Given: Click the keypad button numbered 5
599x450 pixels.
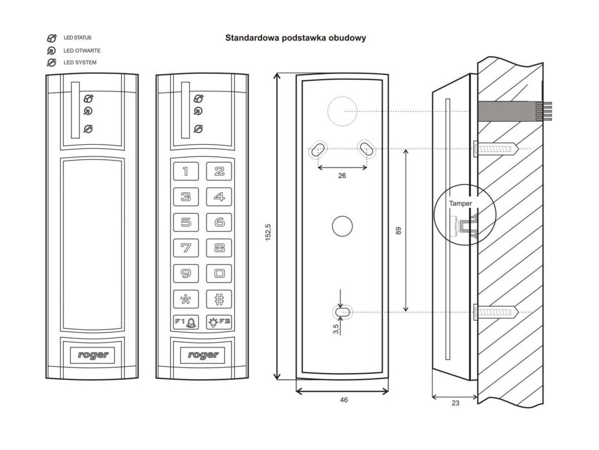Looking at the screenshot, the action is click(186, 222).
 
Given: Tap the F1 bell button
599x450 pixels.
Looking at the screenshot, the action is click(186, 322).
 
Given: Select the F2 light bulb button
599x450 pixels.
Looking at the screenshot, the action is click(219, 322).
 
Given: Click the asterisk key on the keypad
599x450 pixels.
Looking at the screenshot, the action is click(186, 299).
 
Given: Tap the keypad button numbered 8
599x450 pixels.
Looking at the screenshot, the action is click(219, 248).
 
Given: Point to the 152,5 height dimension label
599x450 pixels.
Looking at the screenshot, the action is click(268, 232).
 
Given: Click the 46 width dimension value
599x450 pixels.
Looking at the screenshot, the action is click(344, 400).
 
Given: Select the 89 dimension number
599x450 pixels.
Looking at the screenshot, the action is click(398, 231).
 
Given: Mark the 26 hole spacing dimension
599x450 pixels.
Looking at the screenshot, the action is click(342, 176).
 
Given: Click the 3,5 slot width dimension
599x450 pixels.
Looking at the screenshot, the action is click(336, 329).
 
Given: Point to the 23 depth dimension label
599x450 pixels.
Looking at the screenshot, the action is click(455, 403).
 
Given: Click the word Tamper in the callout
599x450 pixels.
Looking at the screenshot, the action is click(460, 203).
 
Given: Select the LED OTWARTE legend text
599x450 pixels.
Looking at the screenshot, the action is click(82, 50).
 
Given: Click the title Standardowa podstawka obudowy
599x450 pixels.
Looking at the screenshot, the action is click(295, 38).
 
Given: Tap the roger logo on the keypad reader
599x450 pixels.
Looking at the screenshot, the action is click(203, 355).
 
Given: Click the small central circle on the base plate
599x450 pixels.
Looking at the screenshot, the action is click(342, 226).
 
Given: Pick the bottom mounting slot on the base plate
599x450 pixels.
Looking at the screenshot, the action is click(342, 312).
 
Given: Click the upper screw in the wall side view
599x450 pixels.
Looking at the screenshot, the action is click(495, 148).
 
